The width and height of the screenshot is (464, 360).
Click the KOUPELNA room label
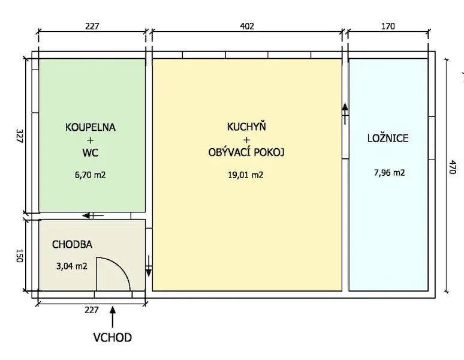click(x=91, y=127)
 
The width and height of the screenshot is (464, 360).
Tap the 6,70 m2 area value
click(x=91, y=175)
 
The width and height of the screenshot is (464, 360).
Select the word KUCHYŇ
click(x=246, y=126)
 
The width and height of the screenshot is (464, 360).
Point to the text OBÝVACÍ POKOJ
click(x=246, y=152)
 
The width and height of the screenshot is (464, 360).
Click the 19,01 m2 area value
click(x=246, y=175)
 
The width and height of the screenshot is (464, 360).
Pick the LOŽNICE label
click(x=388, y=138)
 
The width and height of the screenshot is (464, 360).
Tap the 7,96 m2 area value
click(x=390, y=173)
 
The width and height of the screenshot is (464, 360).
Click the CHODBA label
click(x=72, y=245)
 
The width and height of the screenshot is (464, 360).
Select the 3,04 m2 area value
click(x=72, y=266)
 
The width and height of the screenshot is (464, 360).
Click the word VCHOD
click(x=113, y=337)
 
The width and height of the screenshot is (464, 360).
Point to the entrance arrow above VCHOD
click(x=113, y=317)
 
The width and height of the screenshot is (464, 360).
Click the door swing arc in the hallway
click(x=120, y=266)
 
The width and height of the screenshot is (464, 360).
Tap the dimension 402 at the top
click(x=247, y=26)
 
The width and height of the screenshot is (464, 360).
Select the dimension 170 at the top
click(x=388, y=26)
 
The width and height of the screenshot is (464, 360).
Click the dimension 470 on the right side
click(x=453, y=167)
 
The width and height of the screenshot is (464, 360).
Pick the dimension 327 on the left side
click(x=19, y=136)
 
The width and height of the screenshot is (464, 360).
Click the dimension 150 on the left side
click(x=19, y=256)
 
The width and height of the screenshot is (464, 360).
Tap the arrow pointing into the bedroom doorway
click(x=345, y=113)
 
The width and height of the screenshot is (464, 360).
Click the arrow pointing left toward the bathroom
click(x=93, y=215)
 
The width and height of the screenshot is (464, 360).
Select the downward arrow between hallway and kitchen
click(x=149, y=266)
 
